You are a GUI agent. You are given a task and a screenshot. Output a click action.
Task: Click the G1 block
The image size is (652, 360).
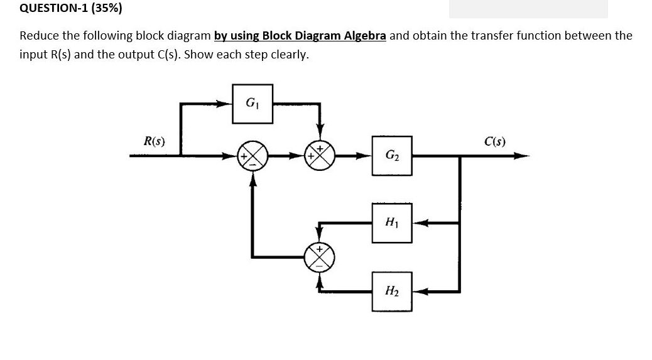pos(252,103)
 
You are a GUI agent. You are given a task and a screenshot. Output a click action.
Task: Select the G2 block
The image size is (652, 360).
pos(391,156)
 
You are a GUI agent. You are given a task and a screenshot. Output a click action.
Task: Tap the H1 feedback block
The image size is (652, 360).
pos(391,222)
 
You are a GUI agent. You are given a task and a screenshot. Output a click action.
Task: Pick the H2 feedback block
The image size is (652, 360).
pos(391,292)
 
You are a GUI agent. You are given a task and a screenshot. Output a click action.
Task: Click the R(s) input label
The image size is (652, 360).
pos(155,141)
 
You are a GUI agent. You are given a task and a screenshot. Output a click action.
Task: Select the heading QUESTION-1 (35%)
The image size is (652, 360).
pos(62,9)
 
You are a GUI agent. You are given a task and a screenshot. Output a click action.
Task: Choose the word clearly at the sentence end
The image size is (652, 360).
pos(291,54)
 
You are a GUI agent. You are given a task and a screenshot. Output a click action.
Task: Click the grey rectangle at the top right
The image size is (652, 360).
pos(528,9)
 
